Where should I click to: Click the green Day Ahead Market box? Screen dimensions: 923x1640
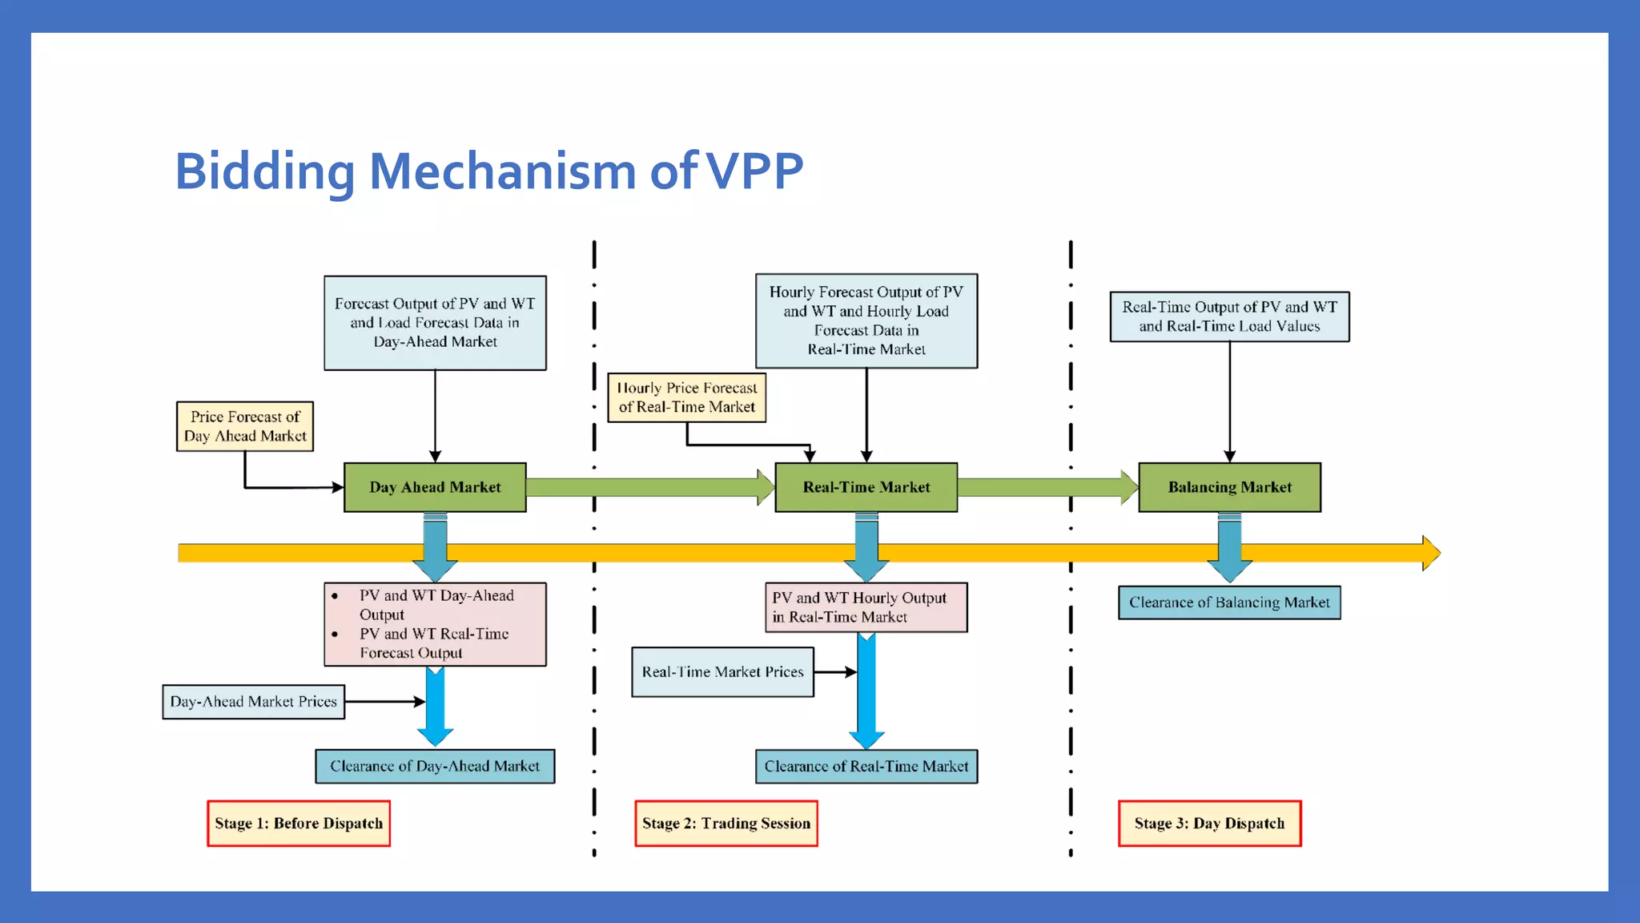[x=435, y=487]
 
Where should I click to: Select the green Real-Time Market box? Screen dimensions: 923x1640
[x=866, y=487]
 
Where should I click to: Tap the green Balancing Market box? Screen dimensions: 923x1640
[x=1229, y=487]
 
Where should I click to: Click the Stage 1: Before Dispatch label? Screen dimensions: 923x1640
[x=299, y=824]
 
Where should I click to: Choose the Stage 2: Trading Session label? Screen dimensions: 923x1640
[x=726, y=824]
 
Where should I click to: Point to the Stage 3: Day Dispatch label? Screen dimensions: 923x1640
[x=1209, y=824]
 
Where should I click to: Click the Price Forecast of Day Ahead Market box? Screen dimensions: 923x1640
[x=245, y=426]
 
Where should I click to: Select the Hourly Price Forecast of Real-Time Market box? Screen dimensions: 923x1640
[x=686, y=397]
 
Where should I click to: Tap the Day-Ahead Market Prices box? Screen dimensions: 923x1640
[x=253, y=702]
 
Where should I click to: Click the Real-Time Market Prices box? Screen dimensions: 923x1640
[x=722, y=672]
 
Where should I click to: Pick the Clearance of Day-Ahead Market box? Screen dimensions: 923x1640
[x=435, y=767]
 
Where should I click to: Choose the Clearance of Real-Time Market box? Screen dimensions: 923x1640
[x=866, y=767]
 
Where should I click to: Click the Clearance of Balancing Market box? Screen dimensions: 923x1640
[x=1229, y=603]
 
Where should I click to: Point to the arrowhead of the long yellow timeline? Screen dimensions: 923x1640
[x=1431, y=553]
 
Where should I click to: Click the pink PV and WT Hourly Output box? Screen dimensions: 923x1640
[x=866, y=607]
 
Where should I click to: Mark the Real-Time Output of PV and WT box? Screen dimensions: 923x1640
[x=1229, y=316]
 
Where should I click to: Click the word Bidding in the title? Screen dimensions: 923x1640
[x=264, y=171]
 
